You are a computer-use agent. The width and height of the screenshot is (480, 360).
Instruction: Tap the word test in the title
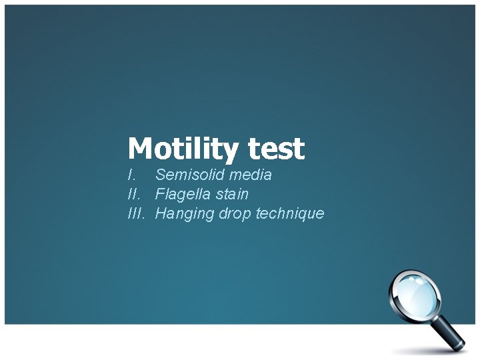point(277,149)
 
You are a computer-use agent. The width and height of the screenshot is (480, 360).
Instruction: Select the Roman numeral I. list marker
point(132,175)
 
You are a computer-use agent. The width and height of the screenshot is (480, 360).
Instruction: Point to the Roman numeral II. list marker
point(134,195)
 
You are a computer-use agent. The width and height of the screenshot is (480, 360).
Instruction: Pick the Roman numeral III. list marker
point(136,214)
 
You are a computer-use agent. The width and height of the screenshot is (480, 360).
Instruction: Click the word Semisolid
point(189,175)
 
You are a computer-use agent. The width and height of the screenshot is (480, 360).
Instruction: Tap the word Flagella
point(183,195)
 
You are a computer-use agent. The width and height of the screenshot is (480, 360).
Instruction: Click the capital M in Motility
point(139,149)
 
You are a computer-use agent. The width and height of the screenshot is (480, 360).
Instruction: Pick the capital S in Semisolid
point(160,175)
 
